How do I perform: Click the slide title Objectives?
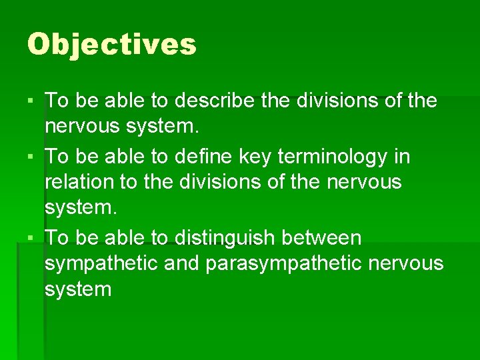tap(112, 45)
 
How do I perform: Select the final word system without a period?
tap(78, 290)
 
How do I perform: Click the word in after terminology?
tap(403, 157)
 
